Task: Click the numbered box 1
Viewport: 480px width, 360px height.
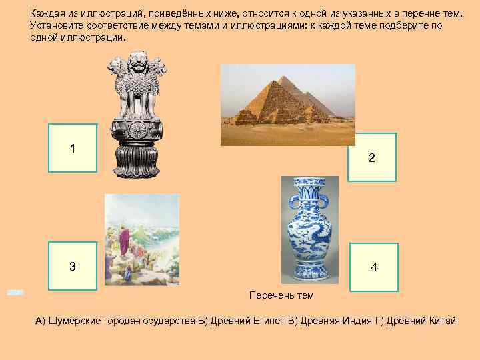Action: pyautogui.click(x=73, y=148)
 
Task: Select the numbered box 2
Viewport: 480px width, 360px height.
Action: pyautogui.click(x=372, y=157)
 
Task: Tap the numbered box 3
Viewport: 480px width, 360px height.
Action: pyautogui.click(x=73, y=266)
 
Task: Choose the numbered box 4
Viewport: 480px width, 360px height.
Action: pyautogui.click(x=373, y=267)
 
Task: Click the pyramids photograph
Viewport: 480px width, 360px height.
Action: pyautogui.click(x=288, y=104)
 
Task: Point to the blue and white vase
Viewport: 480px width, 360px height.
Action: pyautogui.click(x=309, y=228)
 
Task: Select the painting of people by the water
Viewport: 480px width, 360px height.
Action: pyautogui.click(x=141, y=239)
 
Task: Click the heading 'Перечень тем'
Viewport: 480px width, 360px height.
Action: pyautogui.click(x=281, y=295)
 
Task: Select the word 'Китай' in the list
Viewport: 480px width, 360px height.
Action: pyautogui.click(x=441, y=321)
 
